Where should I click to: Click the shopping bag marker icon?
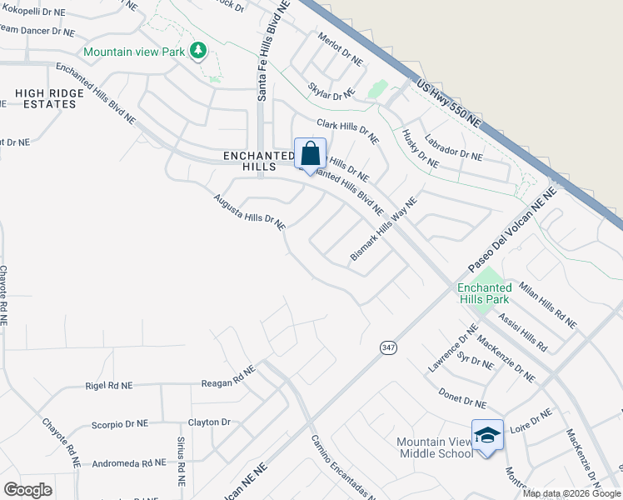tap(310, 154)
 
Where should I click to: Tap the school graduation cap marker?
tap(487, 435)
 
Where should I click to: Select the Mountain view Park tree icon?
tap(197, 52)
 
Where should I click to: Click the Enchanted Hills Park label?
tap(484, 293)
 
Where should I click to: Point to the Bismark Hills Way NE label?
tap(383, 230)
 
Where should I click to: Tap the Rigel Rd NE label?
tap(108, 386)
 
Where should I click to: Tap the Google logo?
tap(27, 490)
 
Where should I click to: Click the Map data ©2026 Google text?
tap(571, 493)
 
